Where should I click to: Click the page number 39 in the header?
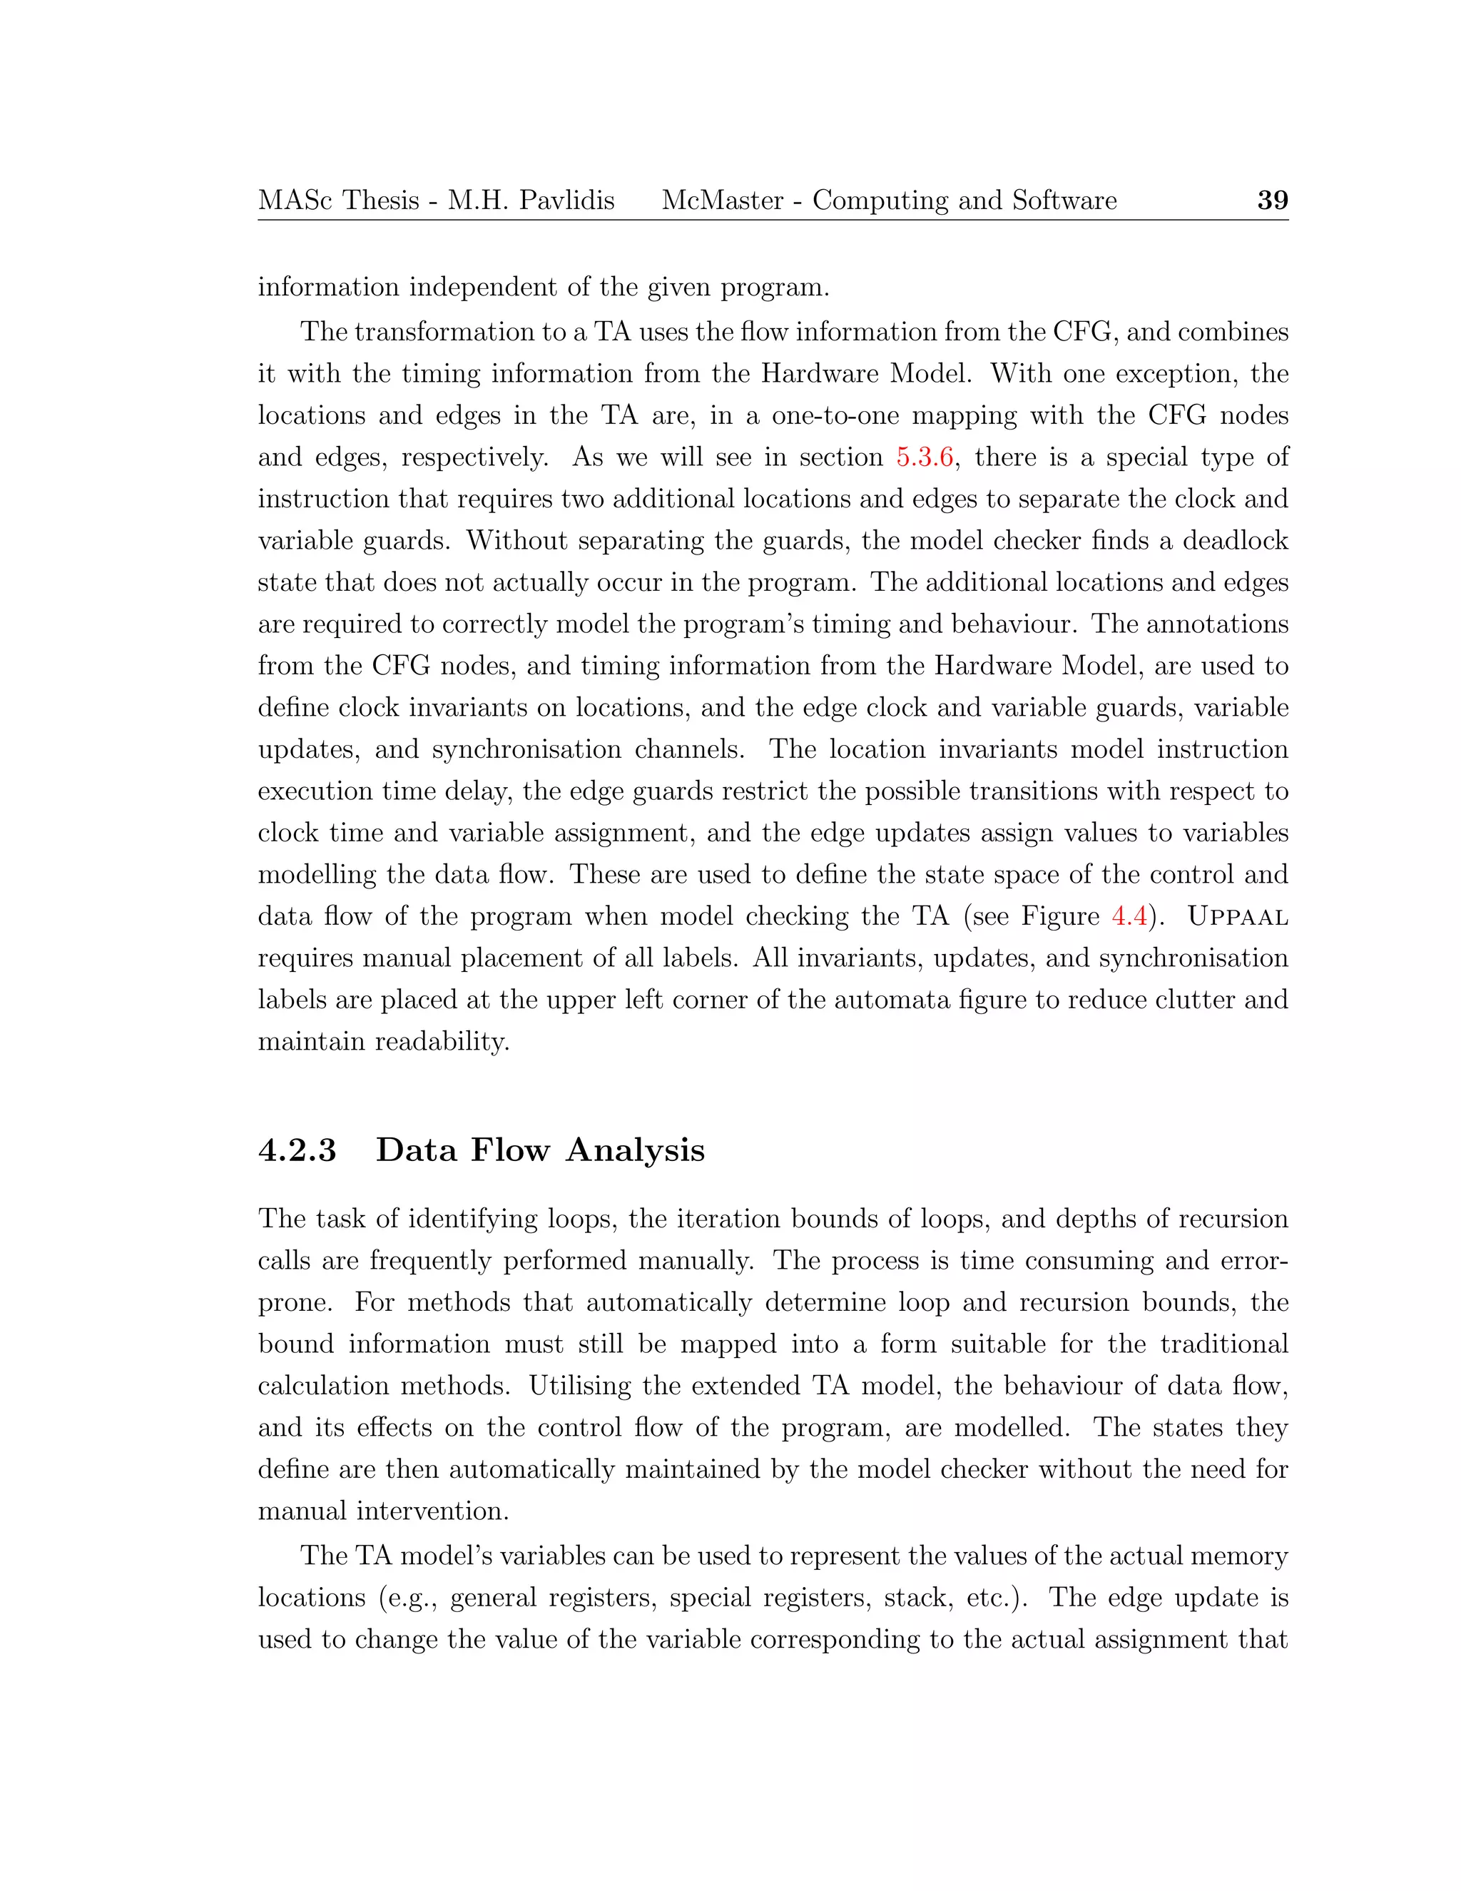click(1271, 201)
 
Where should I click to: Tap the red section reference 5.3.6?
click(925, 457)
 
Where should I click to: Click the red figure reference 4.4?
click(1129, 916)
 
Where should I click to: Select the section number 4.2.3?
click(297, 1151)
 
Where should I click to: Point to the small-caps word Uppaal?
click(1238, 916)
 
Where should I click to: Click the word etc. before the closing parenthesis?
click(994, 1598)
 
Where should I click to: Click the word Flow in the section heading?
click(510, 1151)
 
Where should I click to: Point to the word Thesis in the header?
click(381, 201)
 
